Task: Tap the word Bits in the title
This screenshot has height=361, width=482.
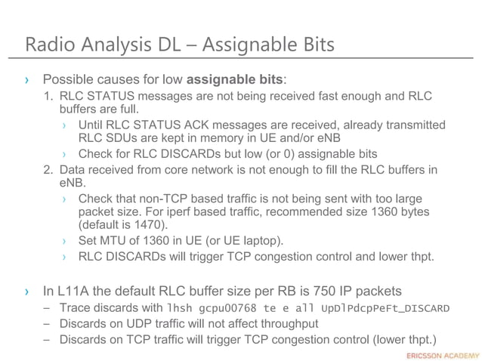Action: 311,45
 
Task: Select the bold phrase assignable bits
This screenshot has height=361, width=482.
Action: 234,79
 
